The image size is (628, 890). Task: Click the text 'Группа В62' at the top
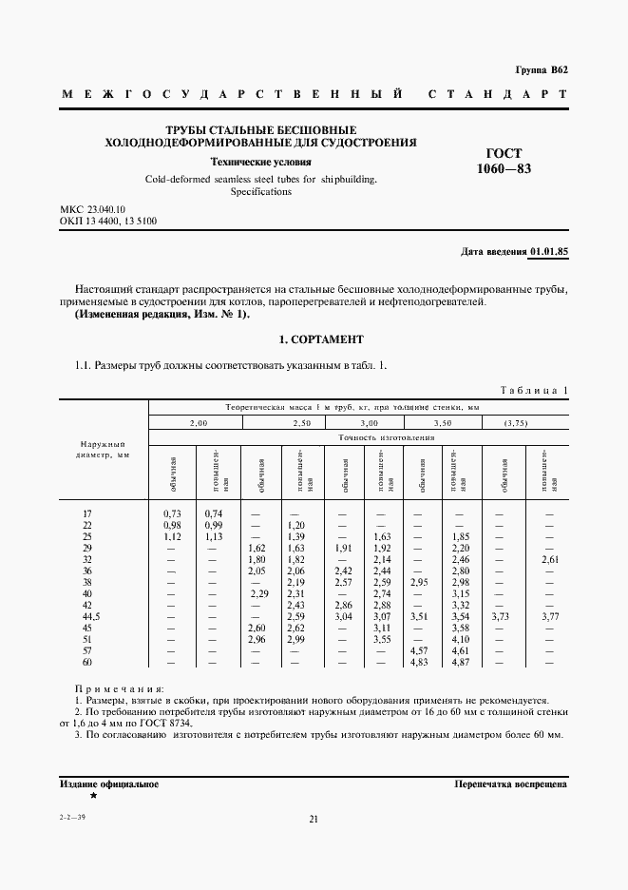(541, 69)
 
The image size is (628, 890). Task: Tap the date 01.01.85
(548, 252)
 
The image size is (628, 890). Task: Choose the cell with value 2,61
(548, 561)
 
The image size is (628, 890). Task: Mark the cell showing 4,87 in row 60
(462, 687)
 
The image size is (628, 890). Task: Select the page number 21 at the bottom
(314, 820)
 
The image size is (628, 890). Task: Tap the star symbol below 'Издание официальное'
(93, 794)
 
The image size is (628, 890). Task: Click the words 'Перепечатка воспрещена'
(511, 785)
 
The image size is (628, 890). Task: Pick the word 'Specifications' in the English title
(261, 191)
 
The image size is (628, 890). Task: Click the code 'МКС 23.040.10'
(93, 209)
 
